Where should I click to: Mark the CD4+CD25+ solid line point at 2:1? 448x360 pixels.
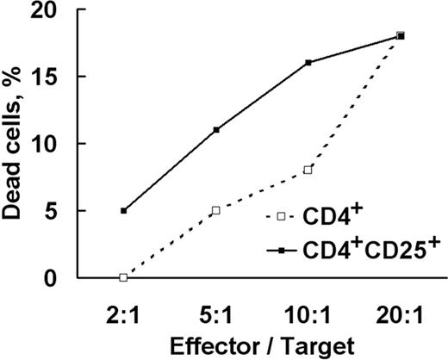[123, 210]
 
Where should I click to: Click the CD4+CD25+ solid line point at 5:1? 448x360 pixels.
[215, 130]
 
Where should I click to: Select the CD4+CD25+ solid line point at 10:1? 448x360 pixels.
[308, 62]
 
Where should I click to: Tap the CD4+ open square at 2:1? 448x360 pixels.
[123, 277]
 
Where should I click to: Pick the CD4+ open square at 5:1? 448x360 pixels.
[215, 210]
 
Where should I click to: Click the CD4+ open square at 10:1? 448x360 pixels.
[308, 170]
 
